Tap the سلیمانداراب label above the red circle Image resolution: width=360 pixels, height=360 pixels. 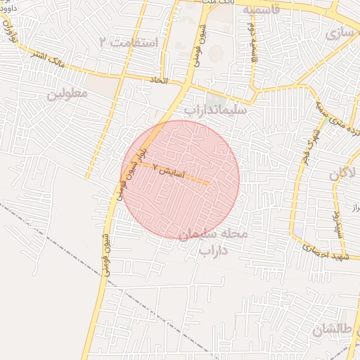[215, 110]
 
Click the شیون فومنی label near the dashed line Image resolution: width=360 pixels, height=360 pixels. [106, 254]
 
